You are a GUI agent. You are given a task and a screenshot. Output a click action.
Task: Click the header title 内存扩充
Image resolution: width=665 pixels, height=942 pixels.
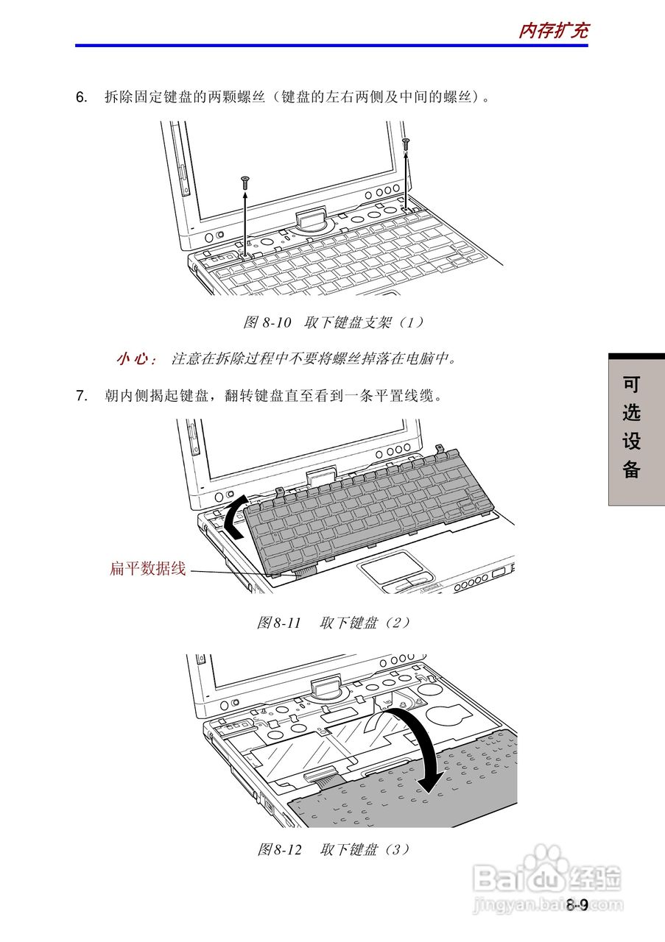point(553,30)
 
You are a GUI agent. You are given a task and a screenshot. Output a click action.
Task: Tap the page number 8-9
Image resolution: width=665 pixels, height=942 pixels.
point(577,905)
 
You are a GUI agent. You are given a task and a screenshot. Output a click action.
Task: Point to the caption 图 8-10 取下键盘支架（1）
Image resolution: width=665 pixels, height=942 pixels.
point(334,322)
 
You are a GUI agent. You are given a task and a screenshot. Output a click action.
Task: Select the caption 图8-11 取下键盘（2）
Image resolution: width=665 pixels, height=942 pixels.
point(334,623)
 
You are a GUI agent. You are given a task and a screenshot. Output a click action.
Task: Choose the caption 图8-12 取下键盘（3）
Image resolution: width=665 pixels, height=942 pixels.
point(334,849)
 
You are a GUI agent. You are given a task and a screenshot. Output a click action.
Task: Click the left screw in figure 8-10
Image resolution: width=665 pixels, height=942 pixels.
point(245,180)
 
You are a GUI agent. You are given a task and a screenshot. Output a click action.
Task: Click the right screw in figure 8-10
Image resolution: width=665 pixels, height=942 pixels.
point(406,141)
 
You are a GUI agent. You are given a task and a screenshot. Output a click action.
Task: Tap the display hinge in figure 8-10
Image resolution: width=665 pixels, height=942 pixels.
point(312,219)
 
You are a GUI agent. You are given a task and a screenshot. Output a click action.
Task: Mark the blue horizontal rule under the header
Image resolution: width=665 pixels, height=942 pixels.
point(331,46)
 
